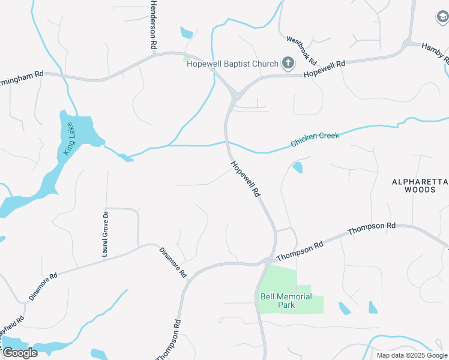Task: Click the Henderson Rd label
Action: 154,25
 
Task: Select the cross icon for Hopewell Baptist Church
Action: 288,63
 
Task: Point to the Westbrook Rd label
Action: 301,50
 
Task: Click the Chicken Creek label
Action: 315,140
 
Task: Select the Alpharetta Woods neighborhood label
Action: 420,185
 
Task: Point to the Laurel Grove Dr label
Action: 105,235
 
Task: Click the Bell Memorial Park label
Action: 286,301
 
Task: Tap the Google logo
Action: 20,352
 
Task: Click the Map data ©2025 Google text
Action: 412,355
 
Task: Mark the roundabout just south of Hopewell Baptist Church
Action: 237,95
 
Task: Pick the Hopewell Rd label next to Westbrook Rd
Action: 324,68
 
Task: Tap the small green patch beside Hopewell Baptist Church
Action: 187,59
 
